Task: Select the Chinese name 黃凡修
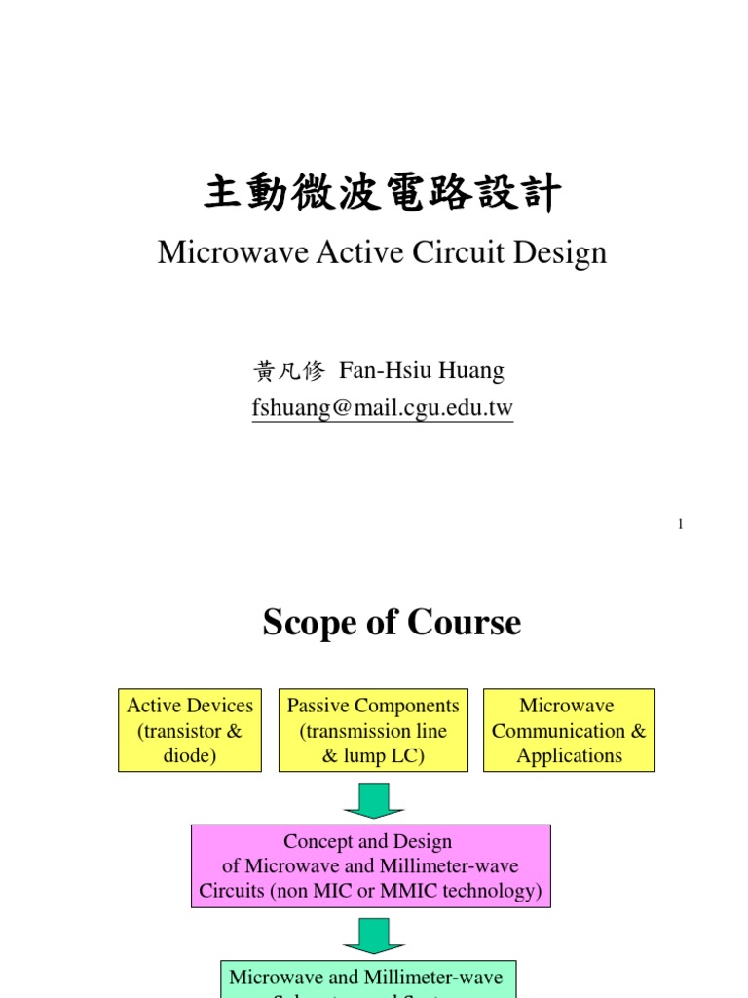[x=287, y=371]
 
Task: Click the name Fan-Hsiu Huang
[x=422, y=371]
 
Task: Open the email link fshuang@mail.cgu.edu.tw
[x=382, y=409]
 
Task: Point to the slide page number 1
[x=681, y=525]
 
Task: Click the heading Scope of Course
[x=392, y=623]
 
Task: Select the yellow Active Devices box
[x=190, y=730]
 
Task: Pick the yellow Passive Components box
[x=373, y=730]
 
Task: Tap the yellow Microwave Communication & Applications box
[x=569, y=730]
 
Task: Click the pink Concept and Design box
[x=370, y=865]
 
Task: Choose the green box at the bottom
[x=365, y=979]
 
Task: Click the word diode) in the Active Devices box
[x=190, y=755]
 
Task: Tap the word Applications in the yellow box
[x=569, y=755]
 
